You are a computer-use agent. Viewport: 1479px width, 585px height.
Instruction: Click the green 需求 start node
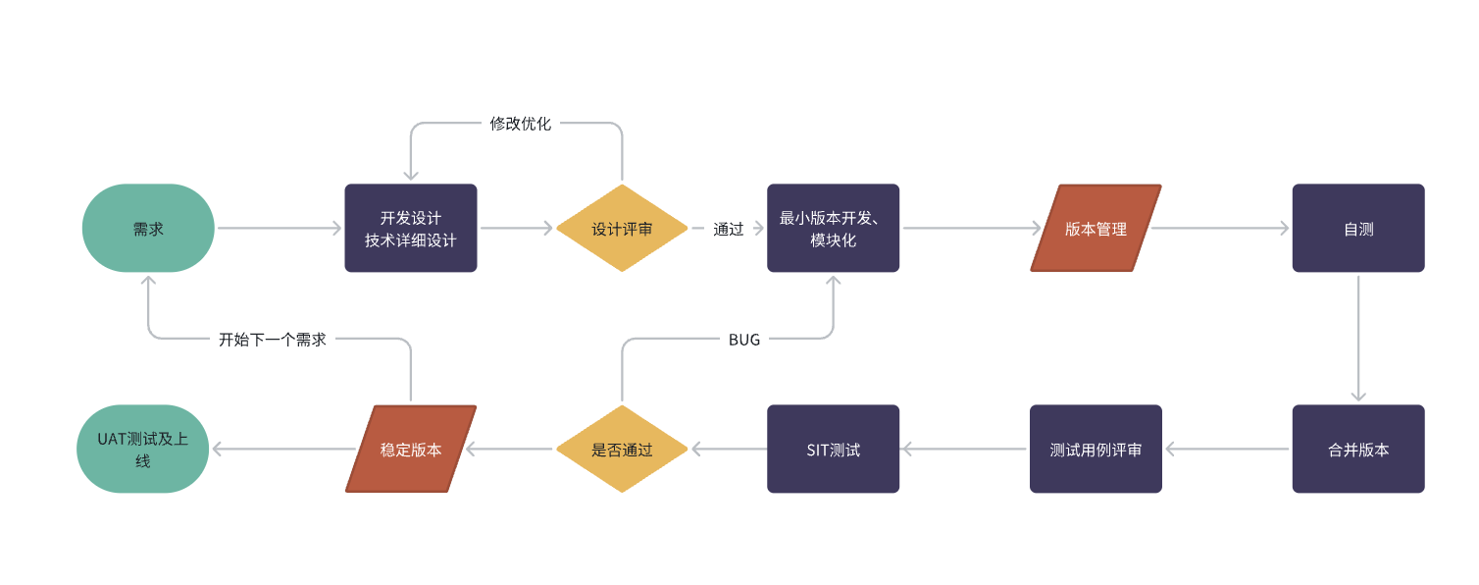148,228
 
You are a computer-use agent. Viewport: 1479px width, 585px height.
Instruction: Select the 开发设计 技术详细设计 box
411,228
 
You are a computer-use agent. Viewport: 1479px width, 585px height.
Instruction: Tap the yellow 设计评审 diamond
622,228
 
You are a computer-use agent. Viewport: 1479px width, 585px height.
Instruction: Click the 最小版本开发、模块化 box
834,228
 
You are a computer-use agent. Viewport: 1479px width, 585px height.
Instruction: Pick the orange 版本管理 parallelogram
1096,228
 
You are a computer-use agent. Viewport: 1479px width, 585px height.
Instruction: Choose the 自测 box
1358,228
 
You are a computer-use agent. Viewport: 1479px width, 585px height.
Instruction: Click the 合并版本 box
1358,449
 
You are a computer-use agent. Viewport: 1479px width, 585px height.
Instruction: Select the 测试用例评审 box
1096,449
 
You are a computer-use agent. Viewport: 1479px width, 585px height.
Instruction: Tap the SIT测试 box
834,449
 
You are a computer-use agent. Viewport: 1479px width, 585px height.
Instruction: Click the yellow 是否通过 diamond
622,449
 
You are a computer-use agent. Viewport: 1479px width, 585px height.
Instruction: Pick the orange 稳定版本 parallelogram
411,449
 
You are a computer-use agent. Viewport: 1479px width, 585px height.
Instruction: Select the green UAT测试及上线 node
142,449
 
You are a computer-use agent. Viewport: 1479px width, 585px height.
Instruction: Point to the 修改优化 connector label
520,124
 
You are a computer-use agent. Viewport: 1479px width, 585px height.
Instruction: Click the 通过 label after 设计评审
729,230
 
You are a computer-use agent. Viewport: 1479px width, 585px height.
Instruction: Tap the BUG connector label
744,340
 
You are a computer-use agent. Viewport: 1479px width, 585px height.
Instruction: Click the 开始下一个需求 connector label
272,340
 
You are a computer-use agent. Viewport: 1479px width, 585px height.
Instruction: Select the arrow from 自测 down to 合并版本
1358,339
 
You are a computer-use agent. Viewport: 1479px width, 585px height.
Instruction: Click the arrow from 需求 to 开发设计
280,228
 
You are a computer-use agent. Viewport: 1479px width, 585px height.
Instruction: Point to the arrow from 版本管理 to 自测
1220,228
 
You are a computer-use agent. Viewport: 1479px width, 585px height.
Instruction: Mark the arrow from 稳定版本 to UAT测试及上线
283,449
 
